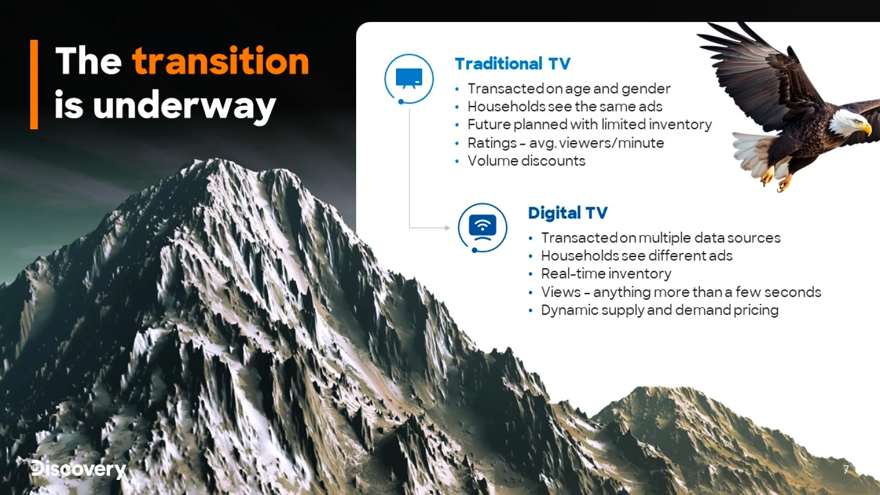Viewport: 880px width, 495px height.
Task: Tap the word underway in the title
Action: click(184, 106)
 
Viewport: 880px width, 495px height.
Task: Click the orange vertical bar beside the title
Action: click(34, 84)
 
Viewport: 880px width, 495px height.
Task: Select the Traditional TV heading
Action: click(512, 63)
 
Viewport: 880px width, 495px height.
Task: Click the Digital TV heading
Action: click(567, 213)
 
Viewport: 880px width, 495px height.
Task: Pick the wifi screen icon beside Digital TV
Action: click(483, 227)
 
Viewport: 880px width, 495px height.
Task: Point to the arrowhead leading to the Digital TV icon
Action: click(447, 227)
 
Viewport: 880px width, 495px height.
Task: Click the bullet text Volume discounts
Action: click(526, 161)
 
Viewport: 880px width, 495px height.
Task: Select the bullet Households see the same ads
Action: click(565, 106)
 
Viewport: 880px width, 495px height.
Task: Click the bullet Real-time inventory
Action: click(606, 274)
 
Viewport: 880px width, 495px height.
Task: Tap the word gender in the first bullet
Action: click(646, 89)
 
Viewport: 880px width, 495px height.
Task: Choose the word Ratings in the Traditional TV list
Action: click(492, 143)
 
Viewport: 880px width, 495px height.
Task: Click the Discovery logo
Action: click(78, 468)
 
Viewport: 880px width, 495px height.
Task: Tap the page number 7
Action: click(846, 469)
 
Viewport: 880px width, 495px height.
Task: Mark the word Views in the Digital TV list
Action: click(561, 292)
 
